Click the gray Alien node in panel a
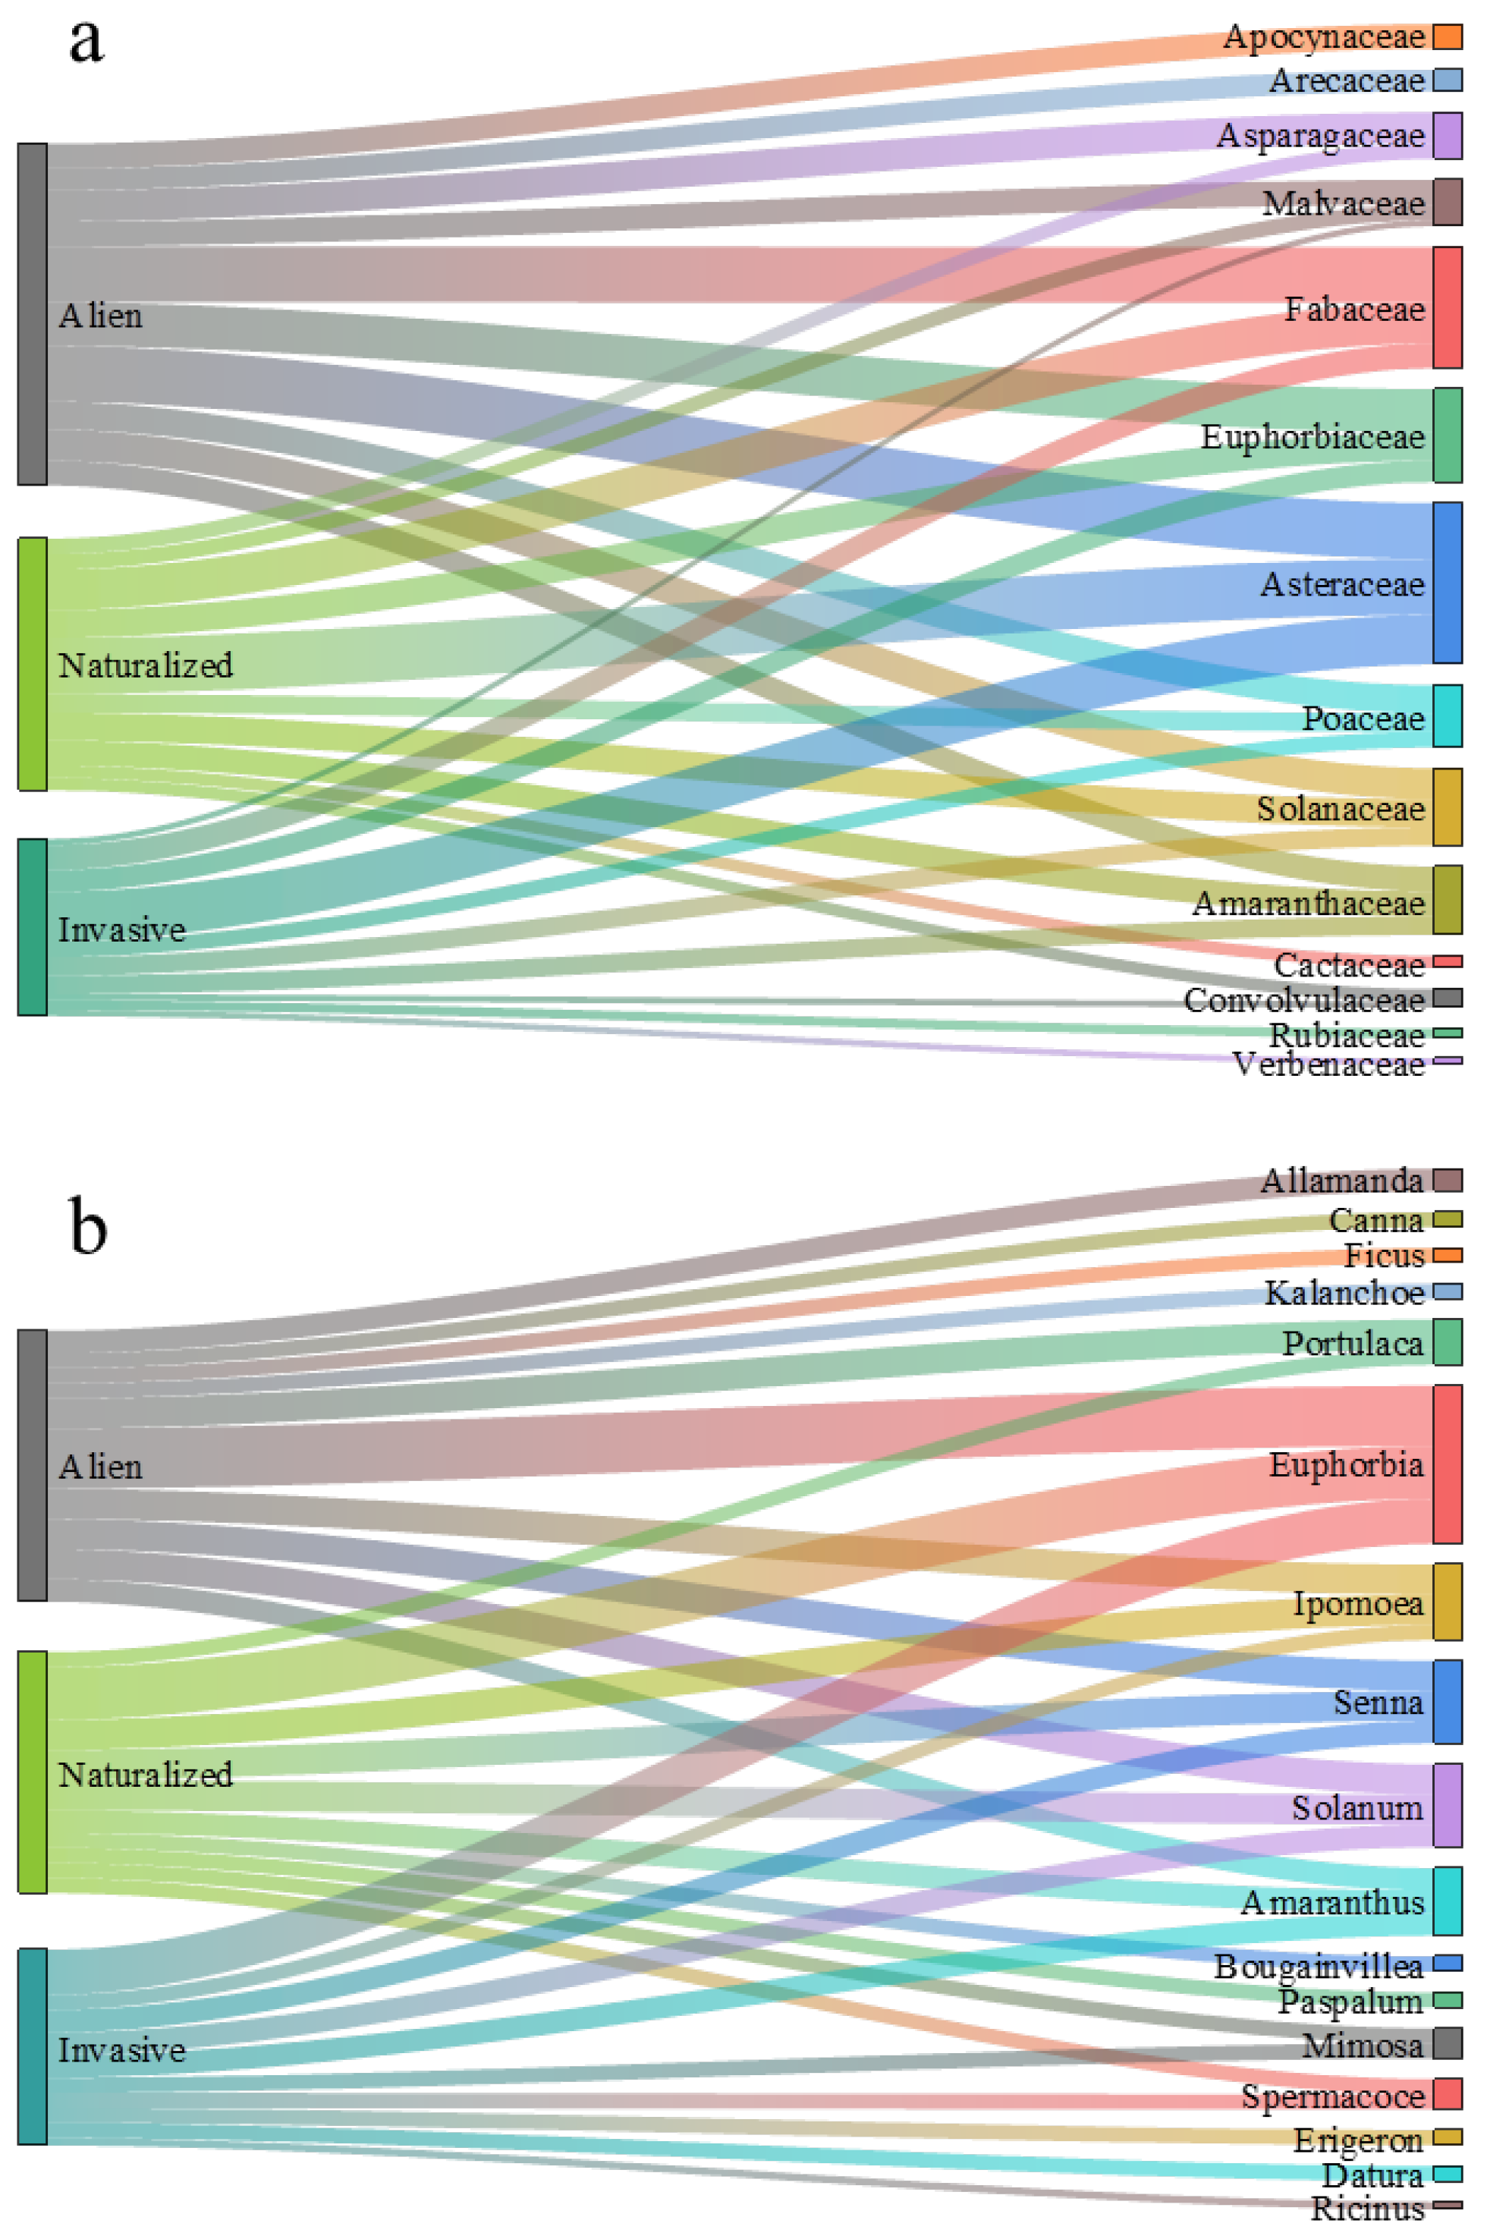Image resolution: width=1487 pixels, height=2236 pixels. (x=32, y=314)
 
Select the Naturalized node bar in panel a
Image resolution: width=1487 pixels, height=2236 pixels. (x=32, y=664)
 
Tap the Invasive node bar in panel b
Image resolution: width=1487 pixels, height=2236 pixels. (x=32, y=2046)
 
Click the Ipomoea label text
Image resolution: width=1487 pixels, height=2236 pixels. (x=1357, y=1602)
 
